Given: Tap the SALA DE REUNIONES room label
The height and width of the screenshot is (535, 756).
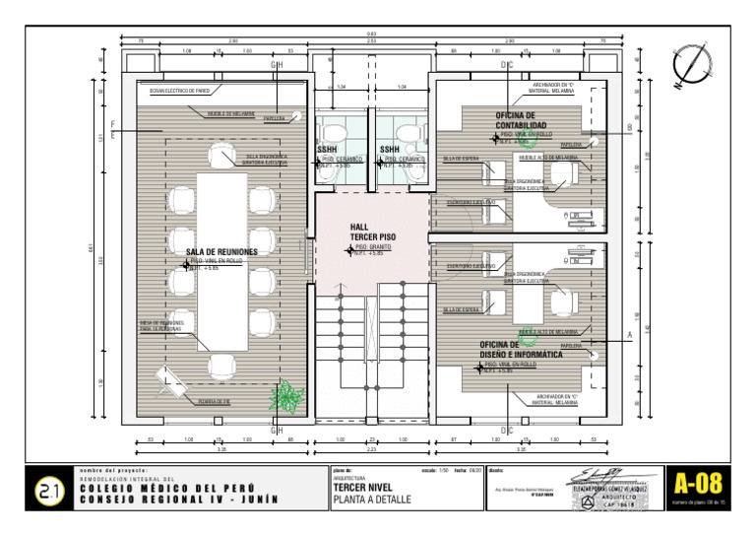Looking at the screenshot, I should [221, 252].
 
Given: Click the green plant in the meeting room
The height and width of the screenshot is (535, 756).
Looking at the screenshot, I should [286, 396].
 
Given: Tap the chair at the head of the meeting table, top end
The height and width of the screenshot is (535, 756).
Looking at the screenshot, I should [221, 159].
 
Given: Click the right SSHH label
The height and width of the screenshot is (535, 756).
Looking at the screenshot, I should [390, 150].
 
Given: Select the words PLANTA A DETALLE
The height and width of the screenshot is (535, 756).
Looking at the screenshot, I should [372, 501].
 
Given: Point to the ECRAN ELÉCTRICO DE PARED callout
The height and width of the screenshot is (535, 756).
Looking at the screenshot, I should [179, 91].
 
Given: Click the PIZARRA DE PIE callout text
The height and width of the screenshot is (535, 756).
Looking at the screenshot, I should [213, 401].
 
